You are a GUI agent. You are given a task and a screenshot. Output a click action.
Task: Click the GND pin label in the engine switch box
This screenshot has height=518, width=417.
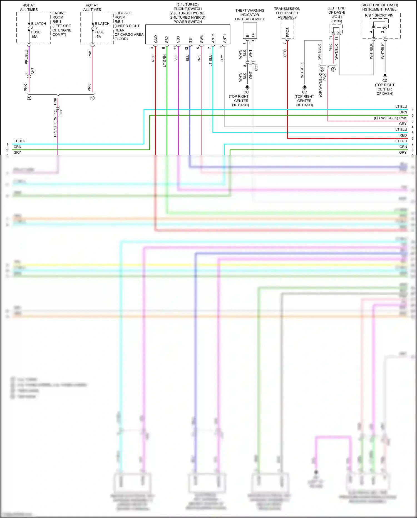[x=156, y=39]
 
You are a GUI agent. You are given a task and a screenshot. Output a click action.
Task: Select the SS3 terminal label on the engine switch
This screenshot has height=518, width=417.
[x=178, y=39]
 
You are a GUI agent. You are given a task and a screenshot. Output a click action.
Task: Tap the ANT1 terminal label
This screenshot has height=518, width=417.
[x=225, y=39]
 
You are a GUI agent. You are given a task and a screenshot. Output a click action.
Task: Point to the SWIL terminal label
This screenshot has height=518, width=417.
[x=202, y=39]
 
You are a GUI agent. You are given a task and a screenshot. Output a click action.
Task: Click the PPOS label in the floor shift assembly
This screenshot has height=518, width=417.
[x=287, y=32]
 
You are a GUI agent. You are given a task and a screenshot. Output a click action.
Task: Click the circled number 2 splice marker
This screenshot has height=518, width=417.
[x=29, y=98]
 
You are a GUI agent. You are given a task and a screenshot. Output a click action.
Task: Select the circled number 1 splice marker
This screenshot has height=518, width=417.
[x=92, y=98]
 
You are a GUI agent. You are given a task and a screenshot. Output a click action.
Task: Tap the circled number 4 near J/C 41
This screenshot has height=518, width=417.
[x=333, y=69]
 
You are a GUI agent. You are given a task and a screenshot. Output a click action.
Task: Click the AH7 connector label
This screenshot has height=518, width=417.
[x=33, y=71]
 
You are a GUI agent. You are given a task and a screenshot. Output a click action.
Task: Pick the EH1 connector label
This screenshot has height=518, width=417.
[x=61, y=113]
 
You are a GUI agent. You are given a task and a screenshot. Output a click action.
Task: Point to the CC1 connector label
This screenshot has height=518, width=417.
[x=256, y=67]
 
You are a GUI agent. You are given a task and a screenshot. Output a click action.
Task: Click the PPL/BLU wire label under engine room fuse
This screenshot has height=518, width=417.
[x=26, y=57]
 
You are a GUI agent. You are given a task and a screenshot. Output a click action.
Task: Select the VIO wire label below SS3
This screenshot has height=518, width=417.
[x=176, y=58]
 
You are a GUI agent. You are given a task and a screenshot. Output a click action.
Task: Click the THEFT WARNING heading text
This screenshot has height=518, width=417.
[x=250, y=11]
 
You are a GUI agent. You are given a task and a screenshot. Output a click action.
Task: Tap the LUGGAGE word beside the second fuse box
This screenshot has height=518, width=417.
[x=123, y=13]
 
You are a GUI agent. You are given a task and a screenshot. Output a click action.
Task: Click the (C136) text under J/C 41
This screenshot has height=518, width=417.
[x=336, y=21]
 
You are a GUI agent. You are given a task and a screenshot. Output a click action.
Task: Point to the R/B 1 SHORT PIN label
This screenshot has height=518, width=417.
[x=379, y=15]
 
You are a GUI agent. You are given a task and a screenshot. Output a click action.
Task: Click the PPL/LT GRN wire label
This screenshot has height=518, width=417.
[x=55, y=127]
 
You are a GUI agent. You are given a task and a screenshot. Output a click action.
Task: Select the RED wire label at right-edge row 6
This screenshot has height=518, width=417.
[x=403, y=135]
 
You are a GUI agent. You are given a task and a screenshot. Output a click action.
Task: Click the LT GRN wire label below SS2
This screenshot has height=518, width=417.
[x=165, y=61]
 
